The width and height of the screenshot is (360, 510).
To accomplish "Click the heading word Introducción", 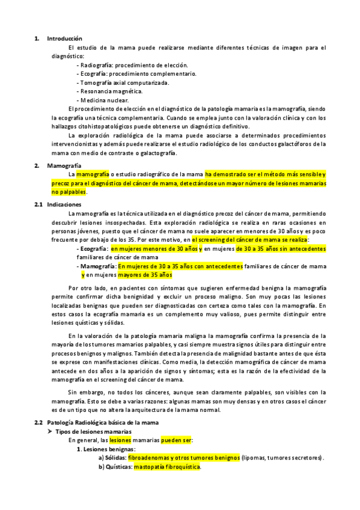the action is point(65,38).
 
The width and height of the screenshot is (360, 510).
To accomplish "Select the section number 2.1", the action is point(38,204).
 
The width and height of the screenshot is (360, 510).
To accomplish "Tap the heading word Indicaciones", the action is point(64,204).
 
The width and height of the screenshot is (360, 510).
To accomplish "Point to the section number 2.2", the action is point(38,406).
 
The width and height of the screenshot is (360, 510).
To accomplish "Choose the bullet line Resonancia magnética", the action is point(111,91).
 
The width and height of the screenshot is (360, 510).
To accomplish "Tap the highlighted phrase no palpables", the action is point(69,192).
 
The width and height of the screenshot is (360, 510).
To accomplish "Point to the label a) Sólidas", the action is point(112,458).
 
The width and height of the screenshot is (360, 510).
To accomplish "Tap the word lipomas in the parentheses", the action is point(257,458).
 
